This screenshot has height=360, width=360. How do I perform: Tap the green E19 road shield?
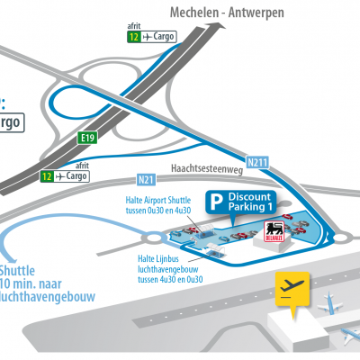(x=87, y=139)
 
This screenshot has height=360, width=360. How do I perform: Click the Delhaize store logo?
(x=272, y=234)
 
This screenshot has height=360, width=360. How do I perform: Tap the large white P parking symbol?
(x=214, y=202)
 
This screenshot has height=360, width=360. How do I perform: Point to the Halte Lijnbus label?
(x=148, y=257)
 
